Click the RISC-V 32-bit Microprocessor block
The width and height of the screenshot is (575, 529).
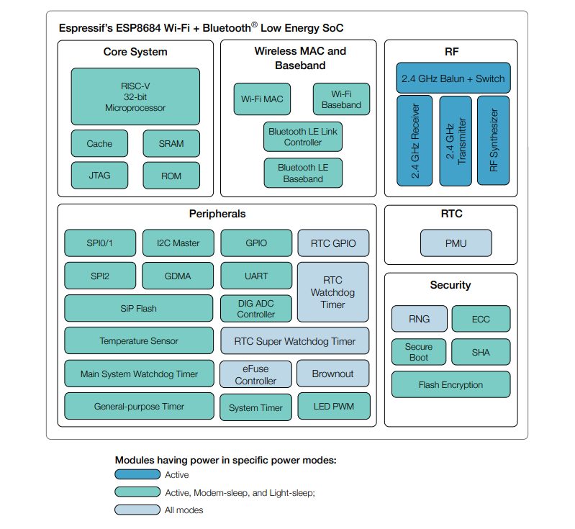(x=135, y=96)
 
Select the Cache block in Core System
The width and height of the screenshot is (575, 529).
(x=99, y=143)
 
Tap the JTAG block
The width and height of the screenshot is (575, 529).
(x=99, y=175)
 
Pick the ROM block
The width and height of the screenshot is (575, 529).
(x=171, y=175)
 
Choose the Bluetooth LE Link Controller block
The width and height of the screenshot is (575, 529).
(x=302, y=137)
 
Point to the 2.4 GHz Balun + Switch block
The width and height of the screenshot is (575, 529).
(x=452, y=78)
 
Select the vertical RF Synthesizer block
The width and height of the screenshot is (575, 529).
(x=493, y=140)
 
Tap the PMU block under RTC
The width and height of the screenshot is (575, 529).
(x=456, y=243)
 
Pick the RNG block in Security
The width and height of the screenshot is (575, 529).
(x=418, y=318)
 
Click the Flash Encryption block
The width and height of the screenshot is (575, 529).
(x=451, y=384)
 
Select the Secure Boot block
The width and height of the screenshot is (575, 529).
(x=418, y=352)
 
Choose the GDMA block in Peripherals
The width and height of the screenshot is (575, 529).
(x=178, y=276)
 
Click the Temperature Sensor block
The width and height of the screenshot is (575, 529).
(x=139, y=340)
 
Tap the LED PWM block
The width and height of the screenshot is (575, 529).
(x=333, y=407)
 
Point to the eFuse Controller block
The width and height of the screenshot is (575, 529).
(x=255, y=374)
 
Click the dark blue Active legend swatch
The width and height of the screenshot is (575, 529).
(x=137, y=474)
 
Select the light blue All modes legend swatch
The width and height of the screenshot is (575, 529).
(x=137, y=510)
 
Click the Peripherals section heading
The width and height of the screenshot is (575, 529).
(x=217, y=214)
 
